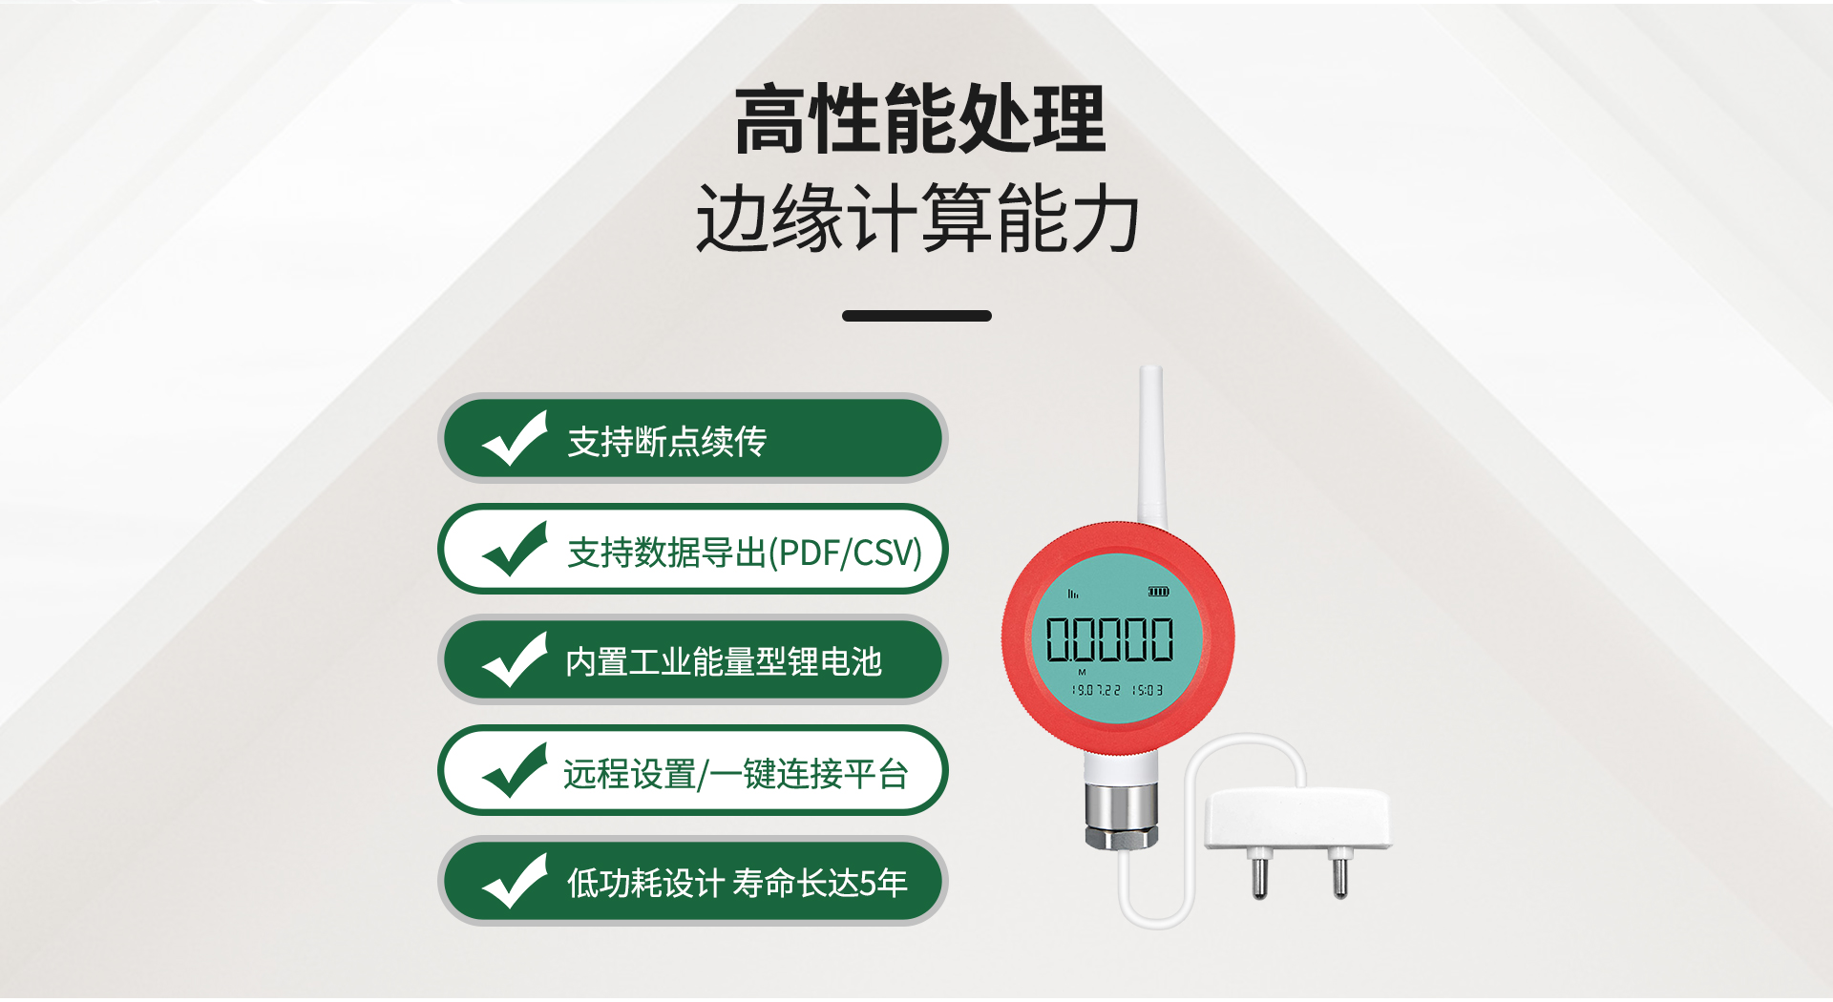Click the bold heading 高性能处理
(x=918, y=119)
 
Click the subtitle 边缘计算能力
(x=918, y=219)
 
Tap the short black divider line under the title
(x=916, y=316)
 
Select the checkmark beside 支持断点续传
(x=516, y=439)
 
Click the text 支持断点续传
(x=666, y=442)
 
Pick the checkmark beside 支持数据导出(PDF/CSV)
(x=516, y=550)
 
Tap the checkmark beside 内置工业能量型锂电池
(x=516, y=660)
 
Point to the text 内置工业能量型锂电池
(x=723, y=662)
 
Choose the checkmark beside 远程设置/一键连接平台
(x=516, y=771)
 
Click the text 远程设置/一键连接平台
(x=735, y=774)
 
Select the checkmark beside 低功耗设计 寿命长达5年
(x=516, y=882)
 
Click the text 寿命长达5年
(x=820, y=884)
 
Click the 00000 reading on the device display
(x=1109, y=639)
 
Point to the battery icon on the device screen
(x=1158, y=593)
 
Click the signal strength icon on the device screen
(x=1073, y=594)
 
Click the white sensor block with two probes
(x=1296, y=819)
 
